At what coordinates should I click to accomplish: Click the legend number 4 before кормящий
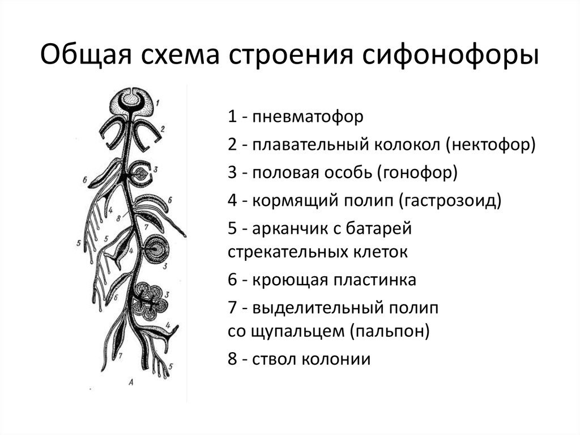pos(232,200)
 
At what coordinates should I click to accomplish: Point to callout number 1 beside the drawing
pos(158,102)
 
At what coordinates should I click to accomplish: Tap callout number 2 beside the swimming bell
pos(163,129)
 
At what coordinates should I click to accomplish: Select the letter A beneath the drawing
pos(131,381)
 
